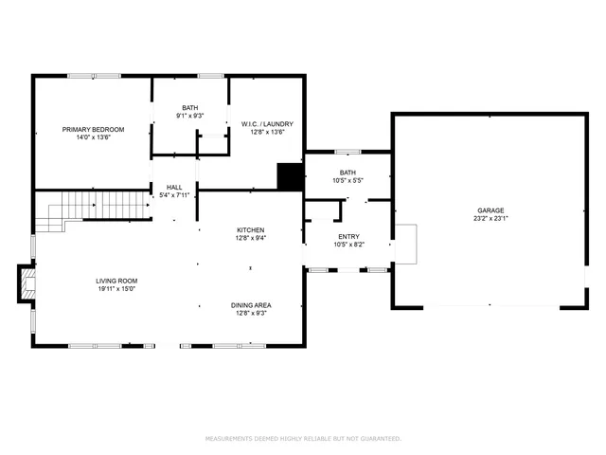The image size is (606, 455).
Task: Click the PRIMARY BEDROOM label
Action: pos(92,129)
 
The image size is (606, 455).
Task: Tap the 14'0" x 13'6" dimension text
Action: pos(92,136)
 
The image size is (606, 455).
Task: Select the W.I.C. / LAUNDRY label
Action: pos(268,124)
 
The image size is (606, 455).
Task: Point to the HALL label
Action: pos(174,187)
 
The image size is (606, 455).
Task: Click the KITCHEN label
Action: pos(250,230)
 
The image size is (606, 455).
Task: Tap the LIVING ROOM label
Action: pos(116,281)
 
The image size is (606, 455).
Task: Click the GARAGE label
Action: pos(490,210)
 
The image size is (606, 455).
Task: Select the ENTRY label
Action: pos(348,236)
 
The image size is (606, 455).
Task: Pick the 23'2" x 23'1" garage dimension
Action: pos(490,218)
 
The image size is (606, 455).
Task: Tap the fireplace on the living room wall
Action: pos(26,282)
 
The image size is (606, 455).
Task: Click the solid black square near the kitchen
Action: pos(289,177)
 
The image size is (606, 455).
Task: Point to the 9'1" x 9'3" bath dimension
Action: pos(189,116)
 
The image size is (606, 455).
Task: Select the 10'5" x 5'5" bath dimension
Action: pos(348,180)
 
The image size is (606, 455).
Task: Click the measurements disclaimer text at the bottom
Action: pos(303,438)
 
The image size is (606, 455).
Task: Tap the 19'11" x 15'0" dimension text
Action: pos(116,288)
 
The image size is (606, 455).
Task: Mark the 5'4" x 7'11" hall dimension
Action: pos(174,194)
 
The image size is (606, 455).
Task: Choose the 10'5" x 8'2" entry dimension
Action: pos(348,244)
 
